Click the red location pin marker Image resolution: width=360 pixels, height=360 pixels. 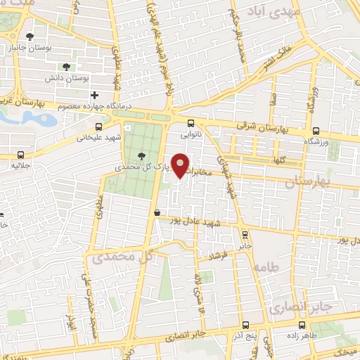pyautogui.click(x=181, y=165)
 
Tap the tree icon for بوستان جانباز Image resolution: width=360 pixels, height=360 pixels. pyautogui.click(x=30, y=37)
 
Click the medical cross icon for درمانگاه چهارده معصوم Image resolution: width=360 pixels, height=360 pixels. pyautogui.click(x=94, y=94)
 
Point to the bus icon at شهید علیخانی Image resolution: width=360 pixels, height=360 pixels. pyautogui.click(x=98, y=127)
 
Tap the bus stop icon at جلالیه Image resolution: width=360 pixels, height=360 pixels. pyautogui.click(x=21, y=154)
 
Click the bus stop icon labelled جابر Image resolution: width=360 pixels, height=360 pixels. pyautogui.click(x=244, y=235)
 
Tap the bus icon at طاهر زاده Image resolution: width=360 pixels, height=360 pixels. pyautogui.click(x=302, y=325)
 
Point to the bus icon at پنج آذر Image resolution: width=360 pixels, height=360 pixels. pyautogui.click(x=246, y=325)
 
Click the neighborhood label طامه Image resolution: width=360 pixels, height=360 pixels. pyautogui.click(x=267, y=268)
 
